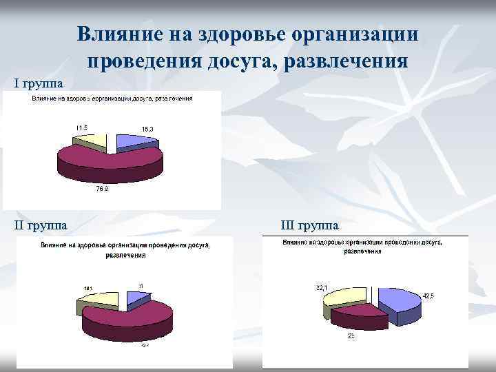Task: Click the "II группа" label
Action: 42,225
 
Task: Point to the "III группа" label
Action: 309,225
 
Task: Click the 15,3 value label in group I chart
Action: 147,130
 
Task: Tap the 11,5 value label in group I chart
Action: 81,127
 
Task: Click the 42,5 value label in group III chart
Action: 428,296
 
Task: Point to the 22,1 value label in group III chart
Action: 322,287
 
